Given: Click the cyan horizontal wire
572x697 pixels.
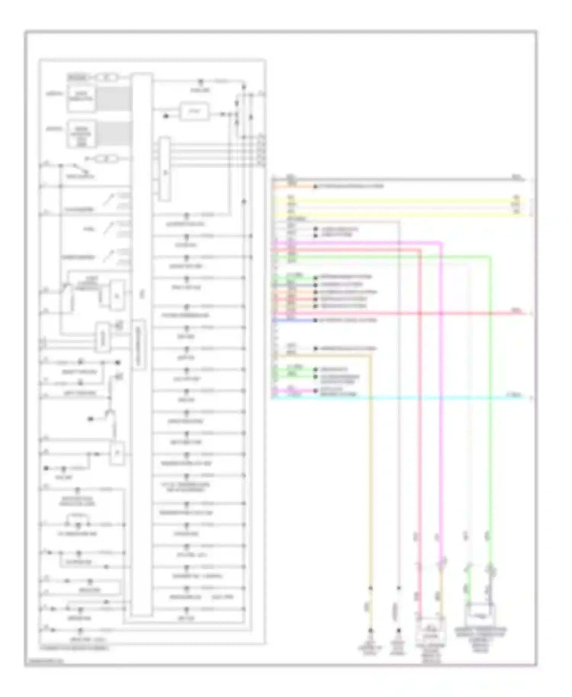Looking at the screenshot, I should click(x=419, y=398).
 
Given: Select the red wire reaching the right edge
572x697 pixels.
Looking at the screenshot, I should click(x=477, y=313).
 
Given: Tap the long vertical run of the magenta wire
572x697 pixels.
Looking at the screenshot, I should click(x=441, y=419).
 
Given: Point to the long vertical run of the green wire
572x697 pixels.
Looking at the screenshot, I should click(x=490, y=419).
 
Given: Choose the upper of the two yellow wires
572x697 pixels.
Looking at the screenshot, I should click(x=400, y=199).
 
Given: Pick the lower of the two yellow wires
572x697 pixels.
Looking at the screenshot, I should click(x=400, y=215).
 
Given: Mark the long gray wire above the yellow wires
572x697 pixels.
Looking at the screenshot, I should click(x=400, y=179).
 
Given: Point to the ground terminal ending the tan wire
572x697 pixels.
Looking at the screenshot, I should click(x=370, y=631).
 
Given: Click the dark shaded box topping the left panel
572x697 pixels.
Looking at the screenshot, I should click(x=78, y=78).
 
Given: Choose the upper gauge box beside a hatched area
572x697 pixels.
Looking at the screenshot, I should click(x=81, y=99).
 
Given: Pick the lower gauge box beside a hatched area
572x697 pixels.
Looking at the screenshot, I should click(x=81, y=134).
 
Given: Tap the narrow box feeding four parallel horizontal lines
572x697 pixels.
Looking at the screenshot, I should click(x=165, y=169).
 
